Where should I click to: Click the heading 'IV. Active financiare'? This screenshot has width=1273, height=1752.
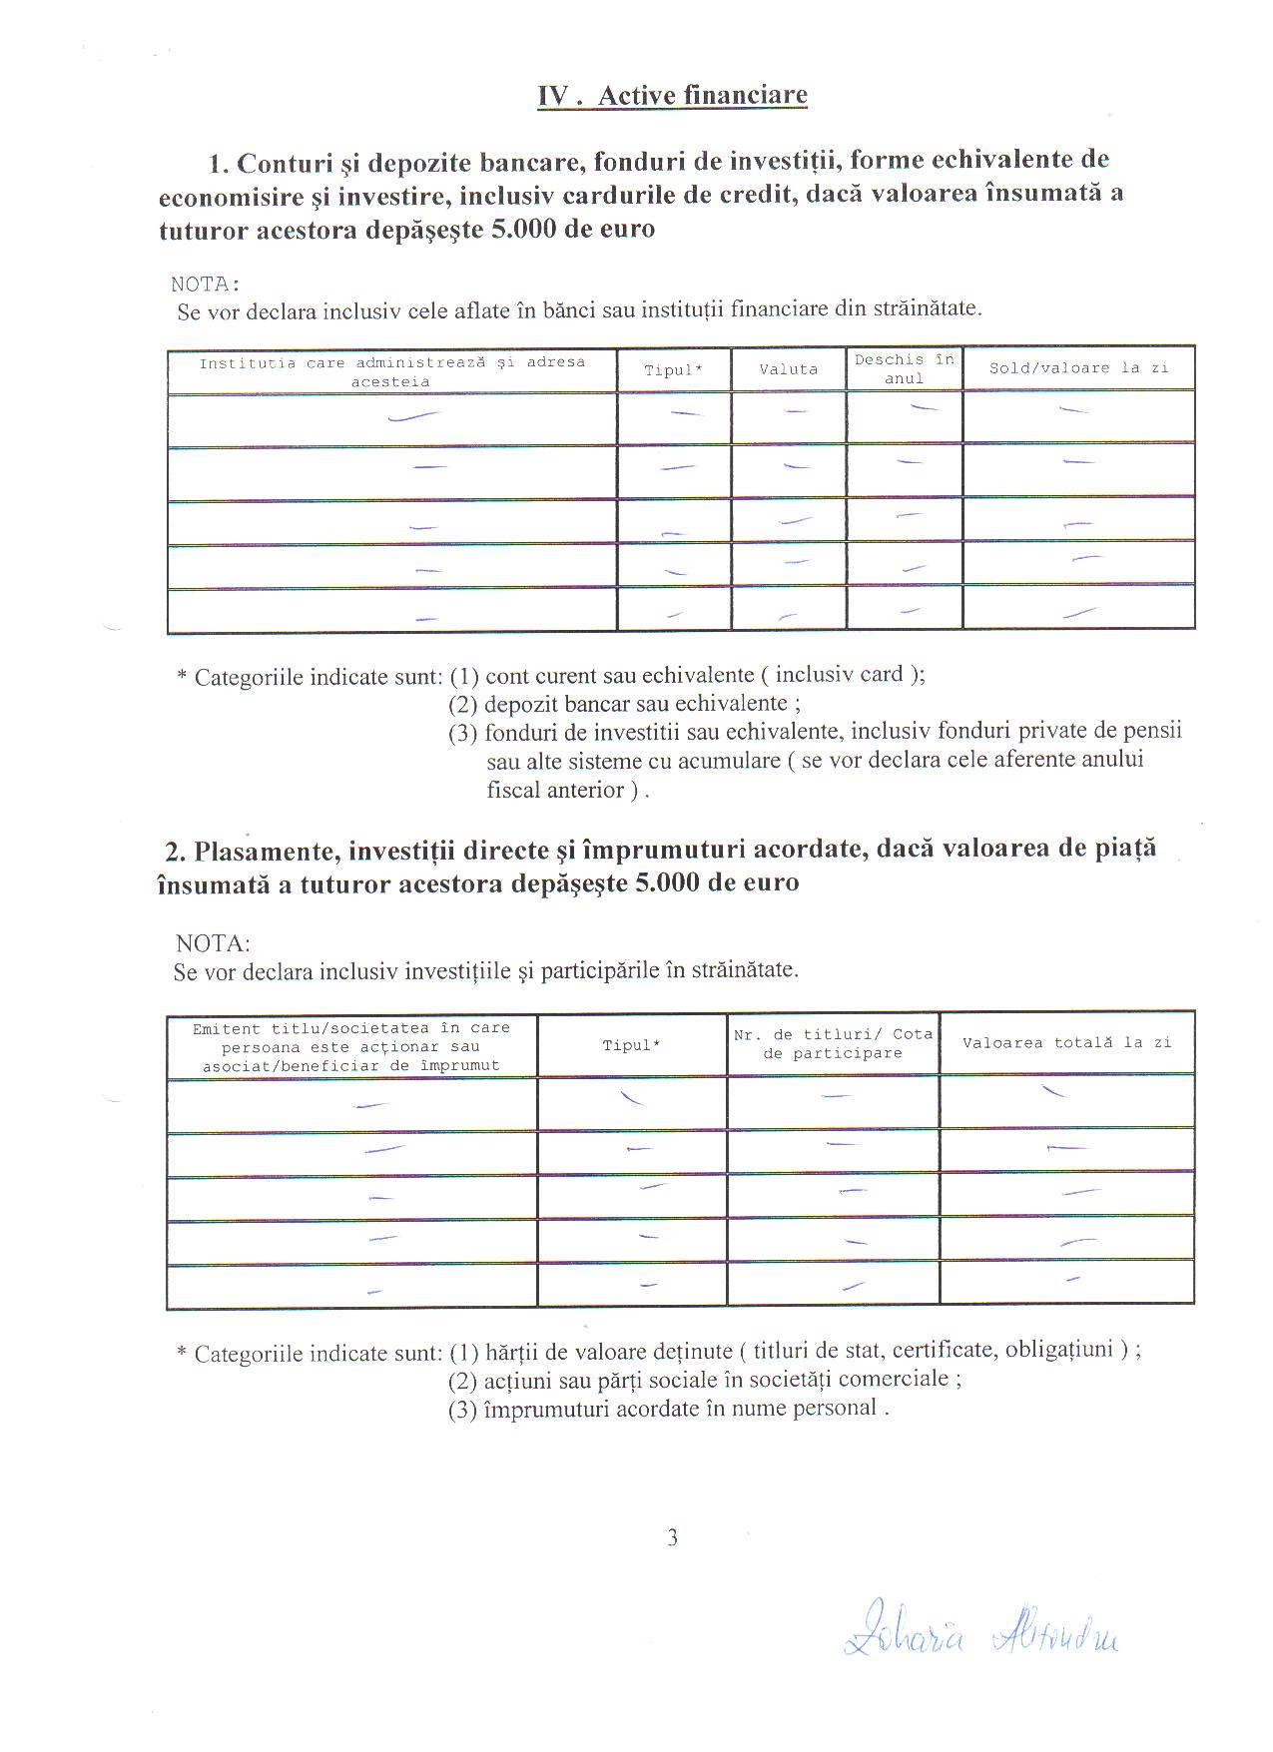[672, 96]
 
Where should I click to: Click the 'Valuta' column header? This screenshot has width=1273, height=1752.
[788, 369]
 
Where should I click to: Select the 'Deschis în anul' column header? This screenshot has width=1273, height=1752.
[904, 368]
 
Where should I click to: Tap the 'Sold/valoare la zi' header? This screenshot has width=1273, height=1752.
[1078, 368]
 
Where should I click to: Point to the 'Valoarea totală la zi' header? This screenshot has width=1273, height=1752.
[1066, 1043]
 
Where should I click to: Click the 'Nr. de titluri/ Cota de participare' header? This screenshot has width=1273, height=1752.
[833, 1044]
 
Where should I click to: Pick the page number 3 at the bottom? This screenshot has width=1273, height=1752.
[672, 1538]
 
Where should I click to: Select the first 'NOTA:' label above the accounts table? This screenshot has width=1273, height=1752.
[206, 285]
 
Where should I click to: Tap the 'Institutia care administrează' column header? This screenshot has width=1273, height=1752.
[391, 371]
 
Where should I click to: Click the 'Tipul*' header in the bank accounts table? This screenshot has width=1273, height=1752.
[673, 370]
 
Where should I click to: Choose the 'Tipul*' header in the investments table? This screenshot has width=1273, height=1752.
[631, 1045]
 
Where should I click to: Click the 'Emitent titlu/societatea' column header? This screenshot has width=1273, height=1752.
[350, 1046]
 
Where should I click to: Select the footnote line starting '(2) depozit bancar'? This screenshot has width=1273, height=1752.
[624, 703]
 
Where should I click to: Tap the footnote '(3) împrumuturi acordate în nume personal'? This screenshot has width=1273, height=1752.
[668, 1409]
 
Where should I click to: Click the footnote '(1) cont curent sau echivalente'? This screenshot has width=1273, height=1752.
[687, 674]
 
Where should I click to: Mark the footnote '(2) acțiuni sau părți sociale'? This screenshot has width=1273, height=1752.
[705, 1380]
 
